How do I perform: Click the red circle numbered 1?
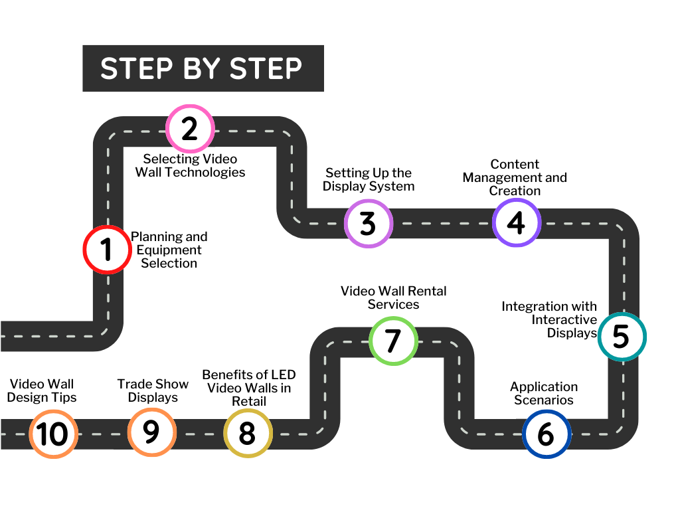pyautogui.click(x=106, y=250)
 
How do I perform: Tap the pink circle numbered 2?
pyautogui.click(x=190, y=128)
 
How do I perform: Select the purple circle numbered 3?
pyautogui.click(x=369, y=224)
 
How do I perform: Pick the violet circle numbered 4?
pyautogui.click(x=517, y=223)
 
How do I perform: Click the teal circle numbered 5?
pyautogui.click(x=622, y=336)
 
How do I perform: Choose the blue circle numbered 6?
pyautogui.click(x=546, y=434)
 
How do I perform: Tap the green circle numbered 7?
pyautogui.click(x=393, y=340)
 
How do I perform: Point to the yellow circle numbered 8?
pyautogui.click(x=247, y=433)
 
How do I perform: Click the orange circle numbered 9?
pyautogui.click(x=152, y=432)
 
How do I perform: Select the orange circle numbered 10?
pyautogui.click(x=53, y=434)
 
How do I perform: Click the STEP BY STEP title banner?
pyautogui.click(x=203, y=68)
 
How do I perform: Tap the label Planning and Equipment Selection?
pyautogui.click(x=169, y=250)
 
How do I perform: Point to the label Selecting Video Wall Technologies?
pyautogui.click(x=191, y=165)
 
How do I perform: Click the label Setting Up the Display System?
pyautogui.click(x=369, y=180)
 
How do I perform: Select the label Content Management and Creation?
pyautogui.click(x=515, y=177)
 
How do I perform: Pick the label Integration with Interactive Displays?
pyautogui.click(x=549, y=319)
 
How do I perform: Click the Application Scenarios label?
pyautogui.click(x=544, y=393)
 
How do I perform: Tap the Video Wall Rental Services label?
pyautogui.click(x=394, y=297)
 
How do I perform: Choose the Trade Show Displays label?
pyautogui.click(x=153, y=390)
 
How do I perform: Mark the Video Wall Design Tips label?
pyautogui.click(x=42, y=390)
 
